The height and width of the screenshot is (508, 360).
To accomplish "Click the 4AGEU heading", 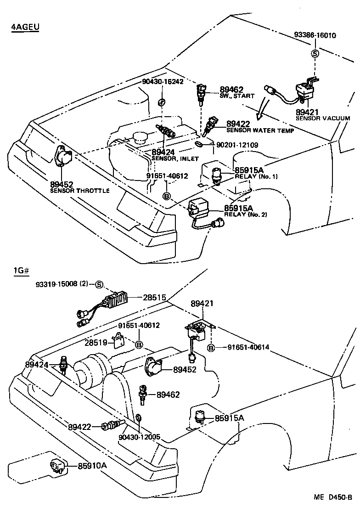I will [x=25, y=27].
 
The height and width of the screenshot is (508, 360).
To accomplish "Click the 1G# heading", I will [x=21, y=271].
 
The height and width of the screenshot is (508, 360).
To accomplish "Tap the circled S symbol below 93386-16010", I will [x=315, y=53].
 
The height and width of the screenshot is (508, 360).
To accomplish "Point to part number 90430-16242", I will [x=163, y=81].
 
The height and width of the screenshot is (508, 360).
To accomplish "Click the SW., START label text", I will [x=236, y=96].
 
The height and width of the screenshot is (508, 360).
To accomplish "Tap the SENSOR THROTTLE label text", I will [x=80, y=191].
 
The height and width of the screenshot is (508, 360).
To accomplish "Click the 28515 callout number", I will [x=155, y=298].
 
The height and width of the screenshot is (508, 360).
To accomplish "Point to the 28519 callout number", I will [x=96, y=342].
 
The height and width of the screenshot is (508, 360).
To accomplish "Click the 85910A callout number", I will [x=92, y=466].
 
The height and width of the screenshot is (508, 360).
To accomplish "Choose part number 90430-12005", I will [x=139, y=437].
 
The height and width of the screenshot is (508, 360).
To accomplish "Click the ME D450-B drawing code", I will [x=332, y=497].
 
